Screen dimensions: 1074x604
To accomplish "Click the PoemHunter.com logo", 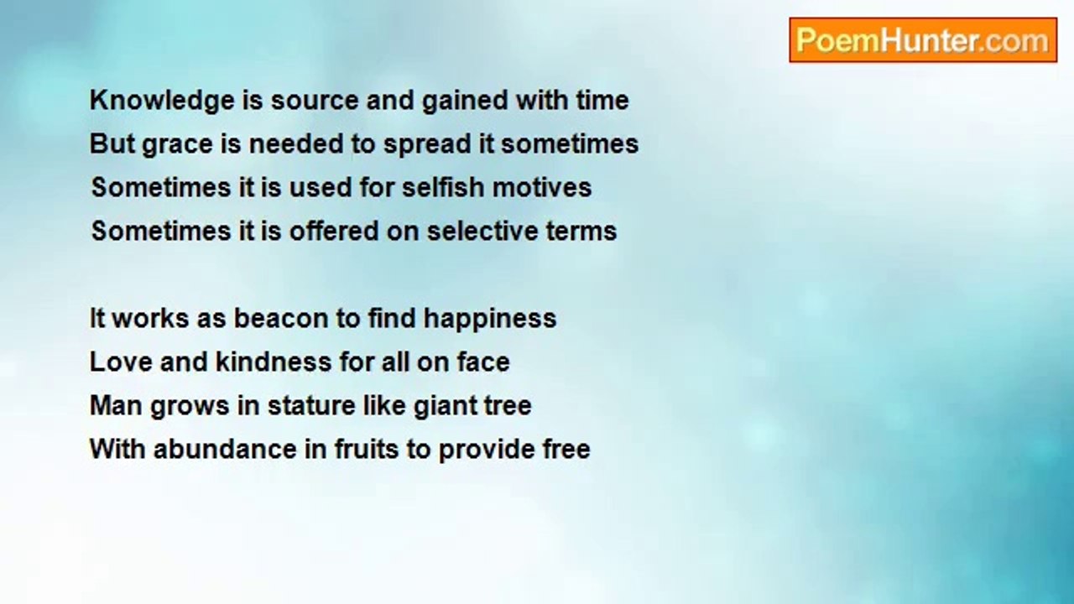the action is (x=923, y=40).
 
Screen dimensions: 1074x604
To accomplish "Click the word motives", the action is (x=542, y=187).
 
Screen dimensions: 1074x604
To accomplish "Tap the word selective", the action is (x=482, y=231).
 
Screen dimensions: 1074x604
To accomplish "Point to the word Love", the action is (x=121, y=362).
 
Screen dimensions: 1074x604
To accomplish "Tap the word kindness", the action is (x=274, y=362).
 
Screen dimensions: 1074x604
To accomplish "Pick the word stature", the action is (x=311, y=406).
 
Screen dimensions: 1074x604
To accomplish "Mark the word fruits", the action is (x=367, y=449).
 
